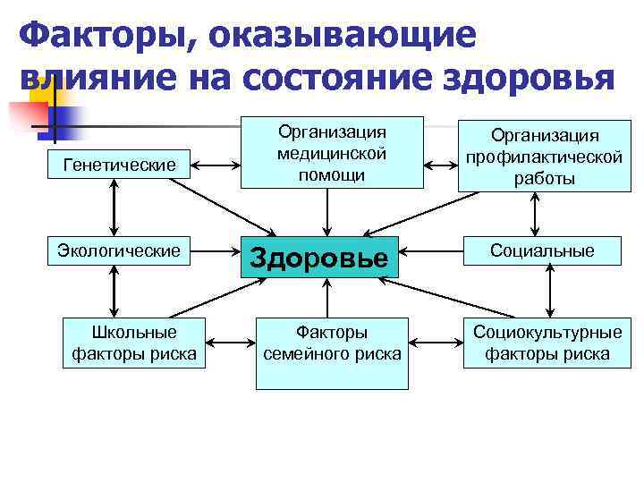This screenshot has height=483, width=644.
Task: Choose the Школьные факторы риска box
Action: [x=134, y=343]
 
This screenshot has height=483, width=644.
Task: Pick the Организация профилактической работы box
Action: [x=544, y=157]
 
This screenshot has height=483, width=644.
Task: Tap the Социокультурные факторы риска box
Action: [x=547, y=343]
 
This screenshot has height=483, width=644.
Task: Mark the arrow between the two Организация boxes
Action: [x=440, y=165]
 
